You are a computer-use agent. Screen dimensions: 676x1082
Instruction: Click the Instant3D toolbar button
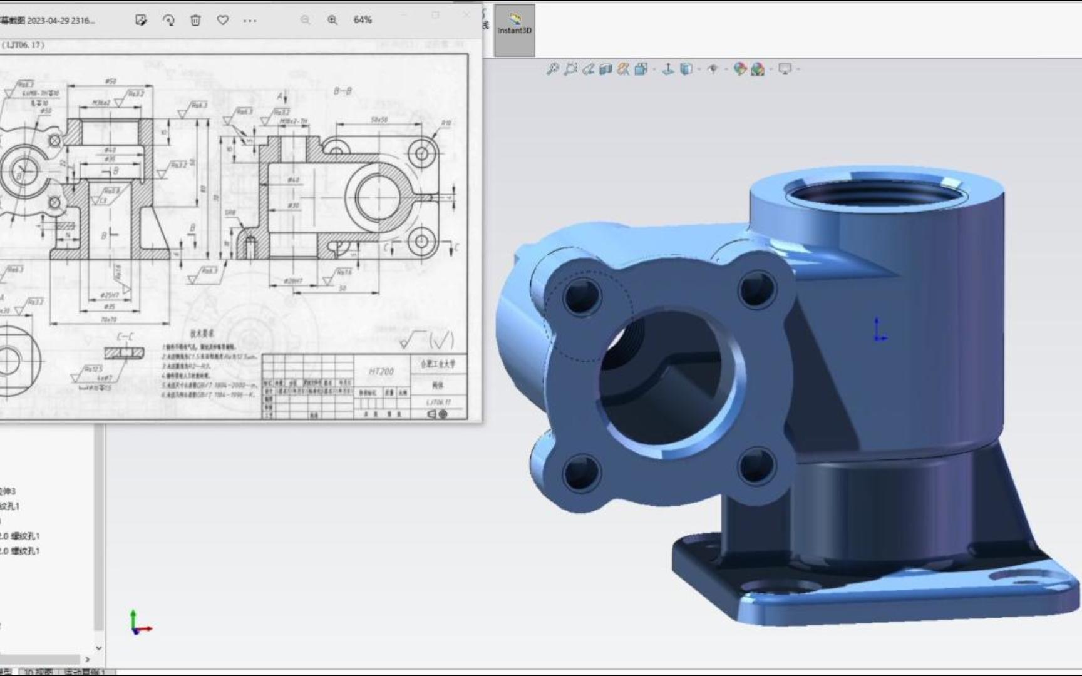tap(514, 25)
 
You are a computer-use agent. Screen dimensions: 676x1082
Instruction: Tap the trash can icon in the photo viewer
tap(195, 20)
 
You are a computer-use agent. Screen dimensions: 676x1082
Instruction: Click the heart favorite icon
tap(222, 20)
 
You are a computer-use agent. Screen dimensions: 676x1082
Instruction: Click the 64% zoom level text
tap(363, 20)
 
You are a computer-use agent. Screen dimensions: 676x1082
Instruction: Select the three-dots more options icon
tap(250, 20)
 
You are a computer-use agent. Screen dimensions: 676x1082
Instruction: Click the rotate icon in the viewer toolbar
tap(168, 20)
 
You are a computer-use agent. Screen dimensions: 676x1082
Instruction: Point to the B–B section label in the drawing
tap(343, 91)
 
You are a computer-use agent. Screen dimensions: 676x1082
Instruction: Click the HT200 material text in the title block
tap(381, 371)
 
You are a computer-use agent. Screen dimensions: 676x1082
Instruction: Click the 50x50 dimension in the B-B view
tap(379, 120)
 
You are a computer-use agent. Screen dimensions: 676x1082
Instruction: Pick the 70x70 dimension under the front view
tap(108, 320)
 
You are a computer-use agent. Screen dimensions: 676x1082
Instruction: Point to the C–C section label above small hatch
tap(125, 337)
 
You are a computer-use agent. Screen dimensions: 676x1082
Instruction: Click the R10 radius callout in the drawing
tap(446, 123)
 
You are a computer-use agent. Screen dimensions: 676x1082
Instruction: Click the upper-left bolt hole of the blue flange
tap(582, 297)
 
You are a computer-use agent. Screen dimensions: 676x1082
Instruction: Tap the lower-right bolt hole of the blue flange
tap(757, 466)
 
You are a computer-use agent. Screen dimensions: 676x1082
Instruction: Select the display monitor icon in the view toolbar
tap(785, 69)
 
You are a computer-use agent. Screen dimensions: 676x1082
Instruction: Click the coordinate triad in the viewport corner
tap(139, 624)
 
